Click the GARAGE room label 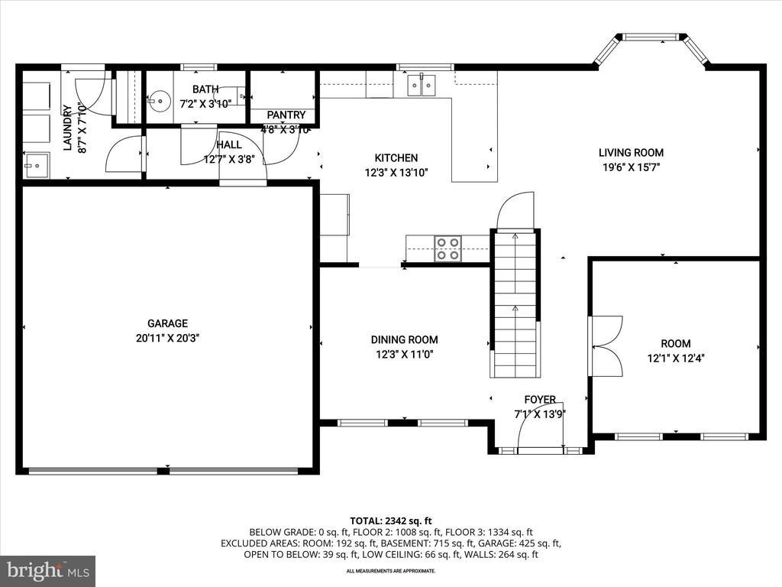[167, 323]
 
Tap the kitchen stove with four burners [448, 248]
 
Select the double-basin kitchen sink [422, 85]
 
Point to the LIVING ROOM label [631, 153]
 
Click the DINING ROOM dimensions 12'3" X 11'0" [405, 355]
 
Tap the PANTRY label [286, 115]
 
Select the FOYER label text [540, 399]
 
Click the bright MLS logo [48, 570]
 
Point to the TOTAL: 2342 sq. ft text [390, 521]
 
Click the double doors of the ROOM [606, 345]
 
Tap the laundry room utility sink [37, 165]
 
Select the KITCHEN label [396, 158]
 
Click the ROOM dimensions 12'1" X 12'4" [676, 358]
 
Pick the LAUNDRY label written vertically [68, 128]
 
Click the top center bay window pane [651, 37]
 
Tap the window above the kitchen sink [425, 67]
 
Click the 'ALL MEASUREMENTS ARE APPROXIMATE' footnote [391, 571]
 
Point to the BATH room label [205, 89]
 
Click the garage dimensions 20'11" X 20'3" [167, 338]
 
